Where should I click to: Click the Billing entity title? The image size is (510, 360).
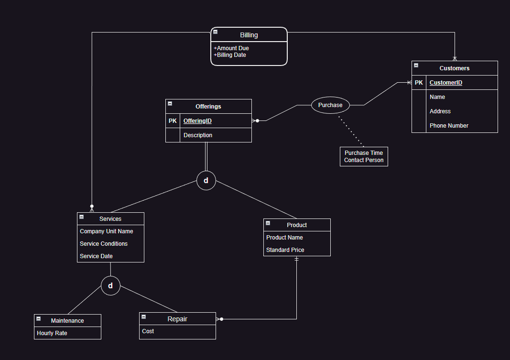click(x=249, y=35)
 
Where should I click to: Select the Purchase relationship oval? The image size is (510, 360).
click(x=330, y=105)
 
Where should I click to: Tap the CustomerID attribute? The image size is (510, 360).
click(x=445, y=83)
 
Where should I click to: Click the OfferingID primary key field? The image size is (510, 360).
click(x=197, y=121)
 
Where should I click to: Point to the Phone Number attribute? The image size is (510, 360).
click(x=449, y=126)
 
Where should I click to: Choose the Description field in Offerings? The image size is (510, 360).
click(x=198, y=135)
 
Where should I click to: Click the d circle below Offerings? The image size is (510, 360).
click(x=206, y=181)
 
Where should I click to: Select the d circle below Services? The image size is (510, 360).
click(x=110, y=286)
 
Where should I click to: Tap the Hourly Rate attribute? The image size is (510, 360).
click(x=52, y=333)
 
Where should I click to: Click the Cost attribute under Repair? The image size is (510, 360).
click(x=148, y=331)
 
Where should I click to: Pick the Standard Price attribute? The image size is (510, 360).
click(x=285, y=250)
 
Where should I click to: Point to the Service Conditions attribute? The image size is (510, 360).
click(x=104, y=244)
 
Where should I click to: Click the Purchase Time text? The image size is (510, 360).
click(x=364, y=153)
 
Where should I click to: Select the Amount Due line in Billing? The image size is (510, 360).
click(x=231, y=48)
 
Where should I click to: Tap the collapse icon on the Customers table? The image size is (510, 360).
click(x=416, y=65)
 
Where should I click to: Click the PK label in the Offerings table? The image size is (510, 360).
click(x=173, y=121)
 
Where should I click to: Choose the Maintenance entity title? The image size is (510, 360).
click(x=67, y=321)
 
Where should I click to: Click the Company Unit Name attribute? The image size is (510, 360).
click(x=106, y=231)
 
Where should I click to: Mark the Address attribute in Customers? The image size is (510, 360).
click(x=440, y=111)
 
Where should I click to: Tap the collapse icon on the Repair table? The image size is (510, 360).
click(x=143, y=317)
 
